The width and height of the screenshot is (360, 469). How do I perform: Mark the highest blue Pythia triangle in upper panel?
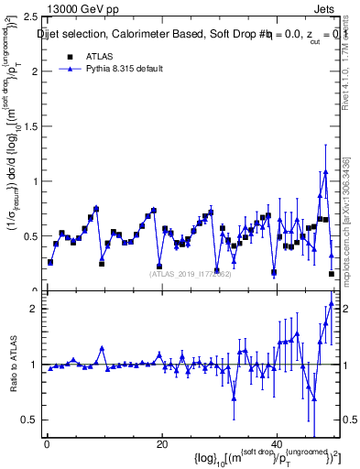coord(325,171)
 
